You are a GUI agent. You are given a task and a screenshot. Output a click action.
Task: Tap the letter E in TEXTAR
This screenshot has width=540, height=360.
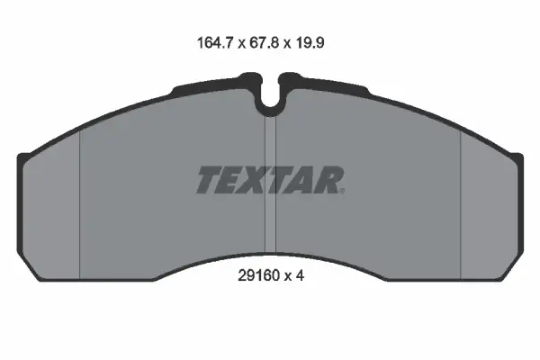pyautogui.click(x=231, y=180)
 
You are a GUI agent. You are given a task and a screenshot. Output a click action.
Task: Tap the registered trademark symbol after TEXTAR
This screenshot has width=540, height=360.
pyautogui.click(x=341, y=188)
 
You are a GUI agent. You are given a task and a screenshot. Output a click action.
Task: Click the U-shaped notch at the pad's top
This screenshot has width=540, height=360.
pyautogui.click(x=270, y=102)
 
